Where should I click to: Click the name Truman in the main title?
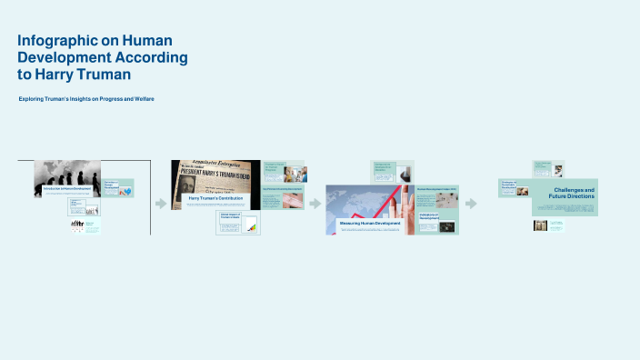pyautogui.click(x=102, y=74)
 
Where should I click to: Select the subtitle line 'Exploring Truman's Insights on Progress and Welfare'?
pyautogui.click(x=86, y=98)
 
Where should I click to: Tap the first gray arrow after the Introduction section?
pyautogui.click(x=161, y=204)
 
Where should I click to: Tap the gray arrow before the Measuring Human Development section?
pyautogui.click(x=315, y=204)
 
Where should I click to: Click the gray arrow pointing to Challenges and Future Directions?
pyautogui.click(x=471, y=204)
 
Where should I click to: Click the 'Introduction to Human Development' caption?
pyautogui.click(x=66, y=188)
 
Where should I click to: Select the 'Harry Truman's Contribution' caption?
pyautogui.click(x=215, y=198)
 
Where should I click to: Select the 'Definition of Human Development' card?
pyautogui.click(x=118, y=188)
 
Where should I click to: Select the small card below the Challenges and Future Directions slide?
pyautogui.click(x=548, y=225)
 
